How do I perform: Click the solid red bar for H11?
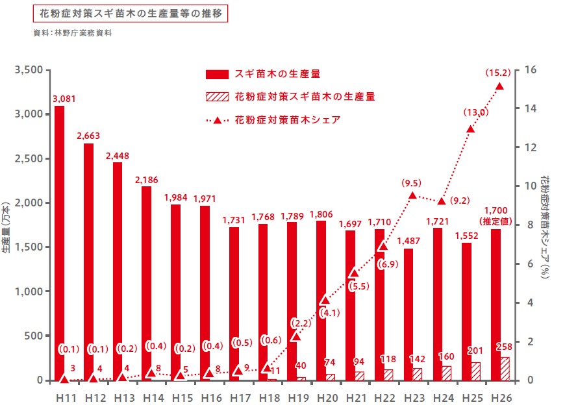pyautogui.click(x=59, y=240)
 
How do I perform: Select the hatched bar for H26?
pyautogui.click(x=505, y=368)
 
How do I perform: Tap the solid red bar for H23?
pyautogui.click(x=408, y=312)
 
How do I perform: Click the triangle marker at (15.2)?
pyautogui.click(x=499, y=86)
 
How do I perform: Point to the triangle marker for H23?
pyautogui.click(x=412, y=195)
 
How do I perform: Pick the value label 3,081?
pyautogui.click(x=64, y=99)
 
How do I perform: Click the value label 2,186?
pyautogui.click(x=147, y=179)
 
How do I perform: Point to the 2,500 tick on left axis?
pyautogui.click(x=28, y=158)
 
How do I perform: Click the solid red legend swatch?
pyautogui.click(x=217, y=74)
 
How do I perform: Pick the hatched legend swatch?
pyautogui.click(x=217, y=97)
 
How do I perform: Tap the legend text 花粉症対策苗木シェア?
pyautogui.click(x=288, y=119)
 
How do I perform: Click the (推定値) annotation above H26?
pyautogui.click(x=496, y=221)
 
